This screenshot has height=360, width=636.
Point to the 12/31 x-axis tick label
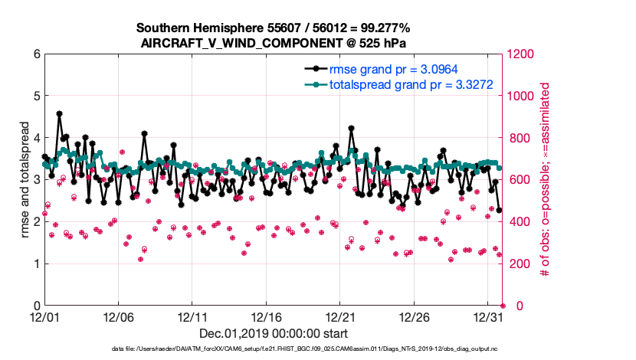tap(488, 316)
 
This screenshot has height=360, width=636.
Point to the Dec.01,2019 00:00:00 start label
tap(273, 333)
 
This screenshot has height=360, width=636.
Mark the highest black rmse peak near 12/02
tap(59, 113)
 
